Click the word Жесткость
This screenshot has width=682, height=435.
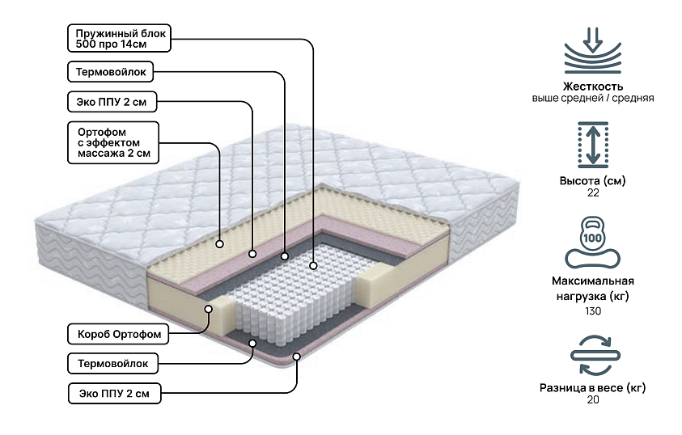point(593,86)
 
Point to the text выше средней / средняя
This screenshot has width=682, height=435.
point(593,98)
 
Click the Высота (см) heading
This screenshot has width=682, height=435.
point(593,180)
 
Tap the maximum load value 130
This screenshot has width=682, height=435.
point(593,311)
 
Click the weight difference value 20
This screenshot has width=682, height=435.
point(593,401)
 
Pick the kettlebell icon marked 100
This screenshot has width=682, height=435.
point(593,241)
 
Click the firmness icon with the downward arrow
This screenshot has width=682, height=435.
point(593,50)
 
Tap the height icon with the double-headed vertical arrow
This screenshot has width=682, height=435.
point(593,145)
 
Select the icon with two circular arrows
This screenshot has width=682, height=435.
point(593,357)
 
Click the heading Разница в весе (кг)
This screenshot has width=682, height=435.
point(593,388)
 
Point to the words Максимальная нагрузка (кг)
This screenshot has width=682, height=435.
point(593,289)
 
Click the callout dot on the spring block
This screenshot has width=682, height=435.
point(313,264)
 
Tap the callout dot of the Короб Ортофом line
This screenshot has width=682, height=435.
point(209,308)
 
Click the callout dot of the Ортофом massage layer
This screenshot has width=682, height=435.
point(221,242)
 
